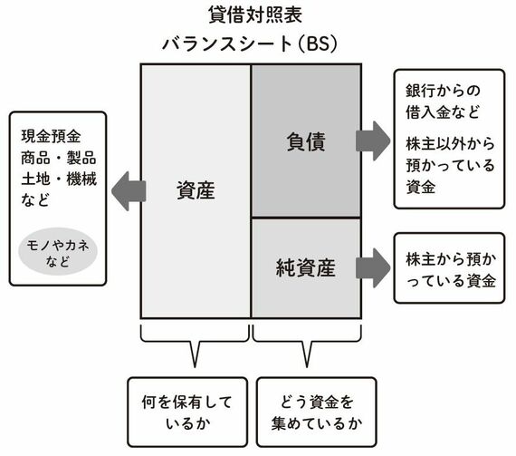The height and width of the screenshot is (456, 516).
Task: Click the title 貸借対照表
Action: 255,15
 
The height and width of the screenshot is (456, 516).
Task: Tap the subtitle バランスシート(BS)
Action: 250,44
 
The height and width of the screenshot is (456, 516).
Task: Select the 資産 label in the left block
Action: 196,190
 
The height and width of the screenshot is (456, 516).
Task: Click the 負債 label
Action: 306,141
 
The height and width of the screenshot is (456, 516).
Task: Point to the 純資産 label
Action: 306,267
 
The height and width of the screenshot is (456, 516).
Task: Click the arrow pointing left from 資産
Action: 129,191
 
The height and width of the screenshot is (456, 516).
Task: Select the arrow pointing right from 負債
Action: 373,141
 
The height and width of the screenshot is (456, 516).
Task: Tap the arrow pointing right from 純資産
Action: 373,267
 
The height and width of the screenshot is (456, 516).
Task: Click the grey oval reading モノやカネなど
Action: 58,252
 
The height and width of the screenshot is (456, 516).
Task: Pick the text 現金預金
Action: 51,136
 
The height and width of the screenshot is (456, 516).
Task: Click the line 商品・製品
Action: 59,158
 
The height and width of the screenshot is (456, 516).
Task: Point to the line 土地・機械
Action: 59,179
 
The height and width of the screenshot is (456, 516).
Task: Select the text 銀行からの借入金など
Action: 443,102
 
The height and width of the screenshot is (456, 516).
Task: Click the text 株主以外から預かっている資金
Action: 450,165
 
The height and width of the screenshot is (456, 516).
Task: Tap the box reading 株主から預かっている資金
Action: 449,267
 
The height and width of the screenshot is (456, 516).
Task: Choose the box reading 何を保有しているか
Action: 187,412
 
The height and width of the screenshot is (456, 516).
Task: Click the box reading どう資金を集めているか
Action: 316,412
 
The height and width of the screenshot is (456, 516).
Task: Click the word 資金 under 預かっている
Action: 421,187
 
